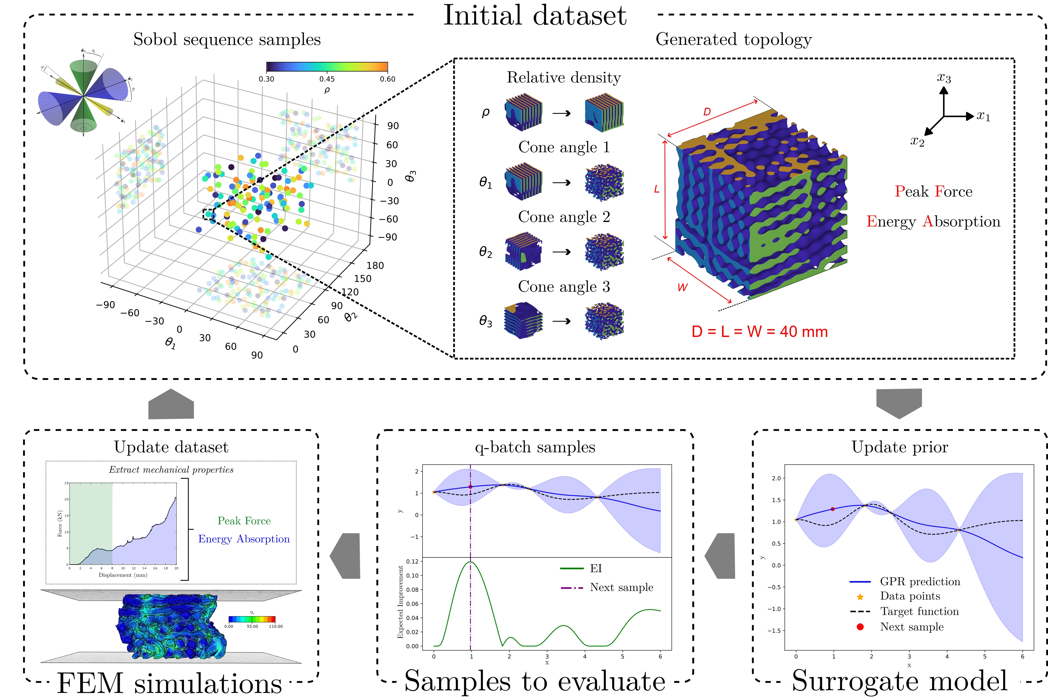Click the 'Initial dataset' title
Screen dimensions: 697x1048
535,16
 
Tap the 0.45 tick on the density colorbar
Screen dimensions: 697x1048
327,79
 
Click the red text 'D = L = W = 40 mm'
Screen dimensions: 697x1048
759,332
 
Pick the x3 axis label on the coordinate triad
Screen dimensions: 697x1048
944,78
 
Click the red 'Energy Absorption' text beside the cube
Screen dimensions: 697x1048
933,221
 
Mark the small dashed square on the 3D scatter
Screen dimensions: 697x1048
209,214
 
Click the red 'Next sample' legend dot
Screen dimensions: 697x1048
860,627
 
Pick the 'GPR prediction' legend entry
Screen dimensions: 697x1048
920,581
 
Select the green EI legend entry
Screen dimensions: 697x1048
595,568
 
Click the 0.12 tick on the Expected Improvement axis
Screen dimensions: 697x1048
412,561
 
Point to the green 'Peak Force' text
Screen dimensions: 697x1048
244,521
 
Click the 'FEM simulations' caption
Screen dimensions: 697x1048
169,683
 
